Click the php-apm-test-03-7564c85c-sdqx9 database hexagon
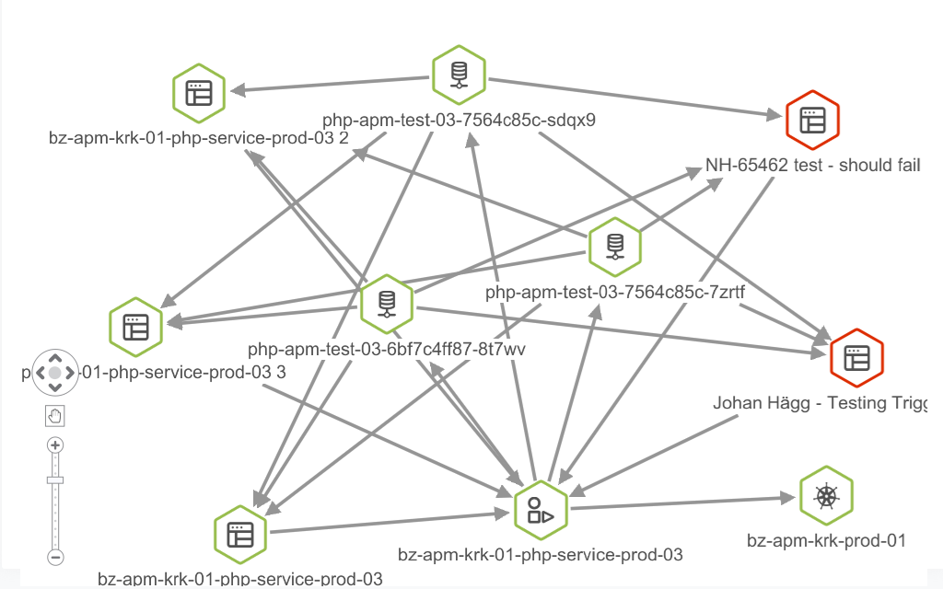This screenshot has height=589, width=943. [459, 75]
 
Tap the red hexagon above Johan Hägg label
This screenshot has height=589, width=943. [856, 357]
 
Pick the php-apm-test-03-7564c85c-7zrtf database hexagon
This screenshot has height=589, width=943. [614, 246]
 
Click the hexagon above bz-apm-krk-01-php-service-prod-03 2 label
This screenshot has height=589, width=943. [198, 93]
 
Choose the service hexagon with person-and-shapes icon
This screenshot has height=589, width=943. [540, 510]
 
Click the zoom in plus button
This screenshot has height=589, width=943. [55, 445]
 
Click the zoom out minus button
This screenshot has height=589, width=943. [55, 557]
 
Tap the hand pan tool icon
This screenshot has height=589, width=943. [55, 416]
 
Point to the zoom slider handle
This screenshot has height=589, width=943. [55, 479]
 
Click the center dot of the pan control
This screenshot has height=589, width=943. [55, 373]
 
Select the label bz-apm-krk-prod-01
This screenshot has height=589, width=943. [826, 540]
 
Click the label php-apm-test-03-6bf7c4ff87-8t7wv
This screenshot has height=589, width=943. [387, 350]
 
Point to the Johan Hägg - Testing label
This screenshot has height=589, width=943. [820, 403]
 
